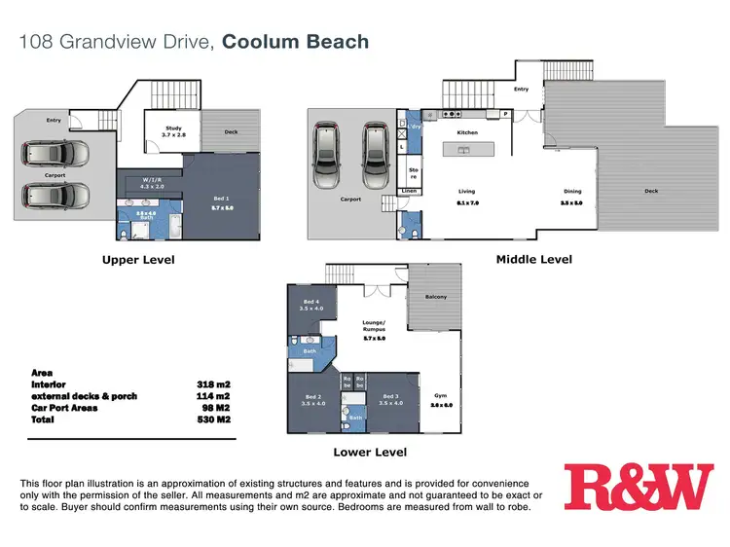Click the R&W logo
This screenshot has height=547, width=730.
[x=639, y=487]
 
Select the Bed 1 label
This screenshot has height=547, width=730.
[x=220, y=199]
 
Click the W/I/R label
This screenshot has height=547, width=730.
[x=151, y=179]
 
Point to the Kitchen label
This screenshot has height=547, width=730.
[x=467, y=131]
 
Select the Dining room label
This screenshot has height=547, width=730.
[x=571, y=192]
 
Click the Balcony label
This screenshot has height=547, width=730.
[x=436, y=297]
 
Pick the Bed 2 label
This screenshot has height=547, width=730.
[x=312, y=396]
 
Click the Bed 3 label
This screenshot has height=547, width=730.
[x=390, y=396]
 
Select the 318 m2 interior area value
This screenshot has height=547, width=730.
[x=215, y=383]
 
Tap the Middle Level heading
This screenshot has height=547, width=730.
[x=534, y=259]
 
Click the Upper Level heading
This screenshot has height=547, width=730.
[x=138, y=260]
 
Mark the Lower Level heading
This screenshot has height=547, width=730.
[x=369, y=452]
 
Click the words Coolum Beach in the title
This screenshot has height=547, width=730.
[x=295, y=42]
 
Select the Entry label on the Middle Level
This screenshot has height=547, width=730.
[x=521, y=90]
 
